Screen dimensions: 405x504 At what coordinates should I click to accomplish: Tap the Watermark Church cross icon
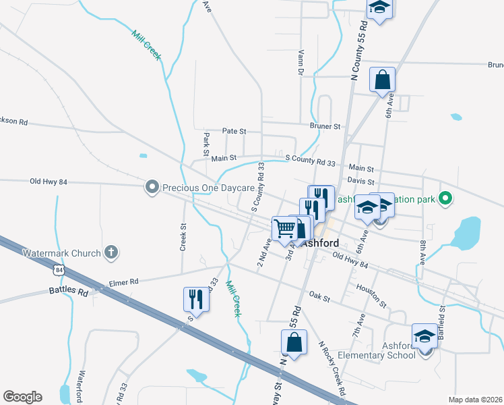111,253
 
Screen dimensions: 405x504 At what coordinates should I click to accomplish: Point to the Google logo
22,397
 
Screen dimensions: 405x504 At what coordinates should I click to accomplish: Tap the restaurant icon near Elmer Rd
196,298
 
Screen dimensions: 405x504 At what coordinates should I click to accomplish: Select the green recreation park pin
444,199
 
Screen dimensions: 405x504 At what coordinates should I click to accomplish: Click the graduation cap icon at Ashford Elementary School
425,335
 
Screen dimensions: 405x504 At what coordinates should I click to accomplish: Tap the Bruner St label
325,126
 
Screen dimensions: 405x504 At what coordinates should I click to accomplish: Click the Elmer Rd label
124,281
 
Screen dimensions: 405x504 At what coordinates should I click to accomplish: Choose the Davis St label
360,180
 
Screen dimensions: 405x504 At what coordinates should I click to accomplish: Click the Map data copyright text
476,400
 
